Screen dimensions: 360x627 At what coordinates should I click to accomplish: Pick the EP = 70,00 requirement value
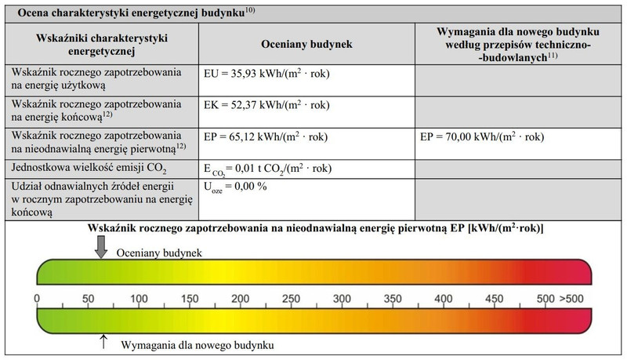(x=483, y=136)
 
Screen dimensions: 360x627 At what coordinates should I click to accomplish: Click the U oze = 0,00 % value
(x=235, y=188)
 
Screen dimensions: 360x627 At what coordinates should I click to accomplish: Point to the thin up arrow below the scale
(x=103, y=340)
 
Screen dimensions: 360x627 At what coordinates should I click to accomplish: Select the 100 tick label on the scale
(x=138, y=300)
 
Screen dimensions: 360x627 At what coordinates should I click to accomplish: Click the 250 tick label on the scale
(x=291, y=300)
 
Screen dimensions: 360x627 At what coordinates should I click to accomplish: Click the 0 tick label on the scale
(x=37, y=300)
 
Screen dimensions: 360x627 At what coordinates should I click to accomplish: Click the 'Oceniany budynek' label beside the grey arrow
(x=160, y=253)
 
